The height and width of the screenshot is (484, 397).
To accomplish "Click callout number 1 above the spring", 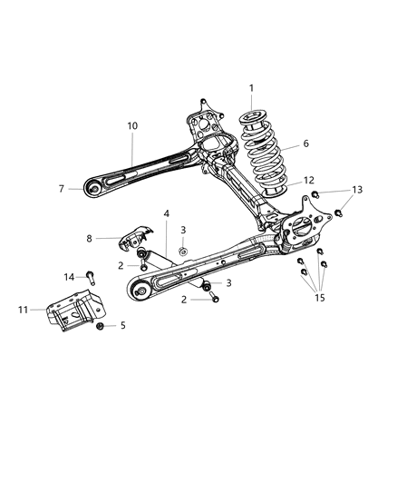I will tap(251, 88).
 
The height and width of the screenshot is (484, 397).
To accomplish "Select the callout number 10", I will tap(132, 125).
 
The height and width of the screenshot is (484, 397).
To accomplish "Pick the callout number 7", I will tap(63, 189).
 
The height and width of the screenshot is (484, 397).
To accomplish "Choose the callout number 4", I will tap(166, 214).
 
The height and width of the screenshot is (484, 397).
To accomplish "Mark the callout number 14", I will tap(69, 275).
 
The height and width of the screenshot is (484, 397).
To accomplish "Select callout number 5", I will tap(124, 325).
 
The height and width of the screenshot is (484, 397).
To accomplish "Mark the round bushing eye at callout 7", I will tap(92, 188).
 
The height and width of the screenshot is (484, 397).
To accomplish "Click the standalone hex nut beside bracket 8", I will tap(183, 250).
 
